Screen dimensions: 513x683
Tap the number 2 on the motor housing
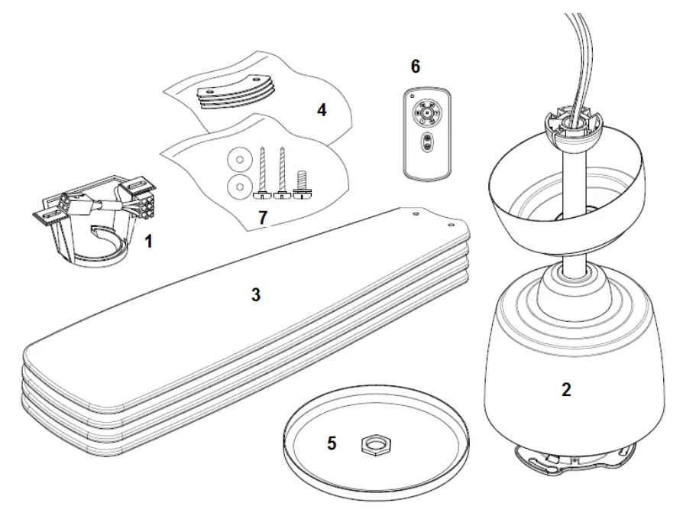tap(565, 389)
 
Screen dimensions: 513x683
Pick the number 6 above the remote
tap(415, 67)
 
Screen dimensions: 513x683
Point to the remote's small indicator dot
tap(412, 99)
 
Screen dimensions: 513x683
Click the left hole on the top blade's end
tap(415, 215)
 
